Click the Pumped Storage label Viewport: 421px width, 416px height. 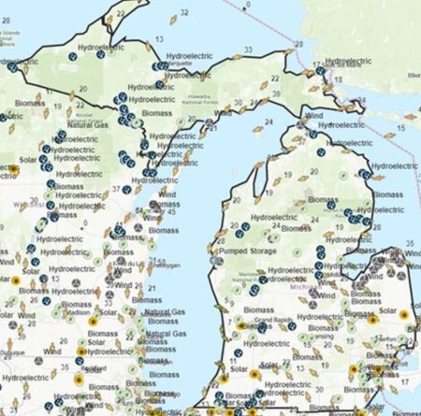tap(250, 251)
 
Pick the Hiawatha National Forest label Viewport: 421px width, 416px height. tap(229, 93)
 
